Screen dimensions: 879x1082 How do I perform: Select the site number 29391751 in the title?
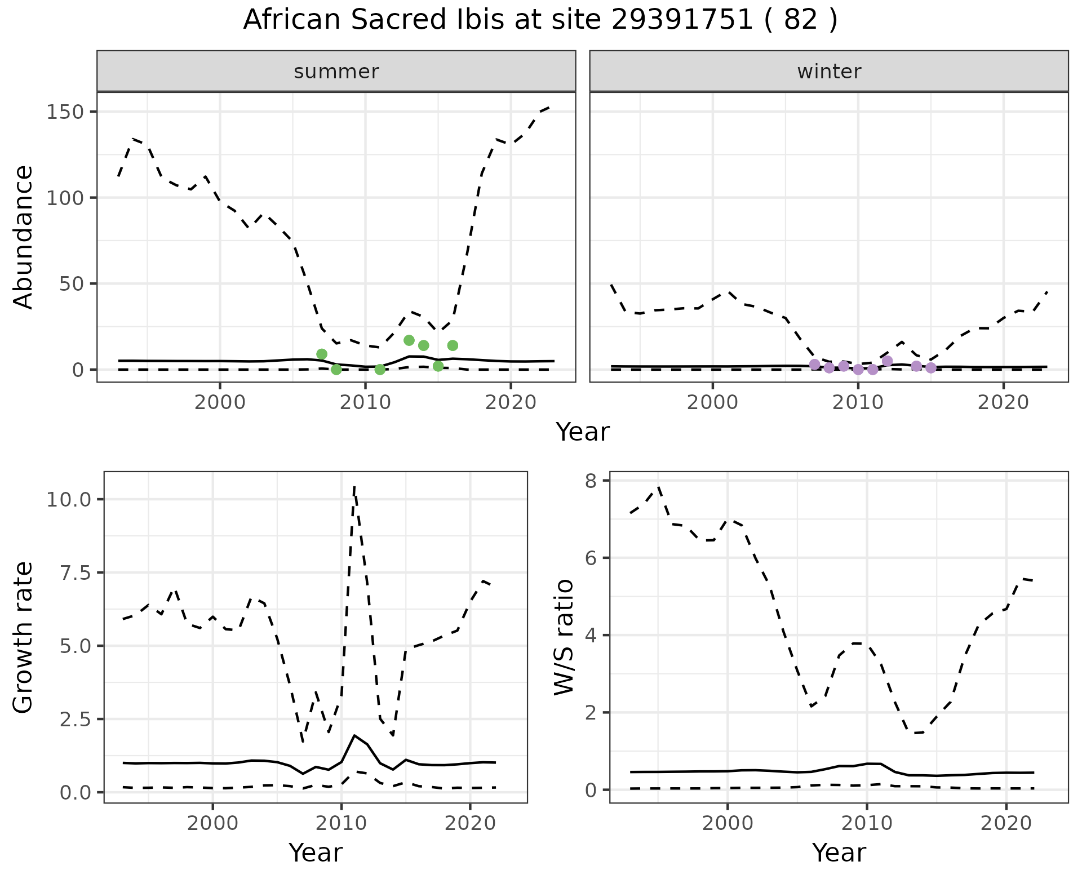[682, 20]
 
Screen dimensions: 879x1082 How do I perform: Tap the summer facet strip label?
[336, 72]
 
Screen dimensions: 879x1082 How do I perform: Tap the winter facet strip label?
[829, 72]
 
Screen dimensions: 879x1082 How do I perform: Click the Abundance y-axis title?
[24, 237]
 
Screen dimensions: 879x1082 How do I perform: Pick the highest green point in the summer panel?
[409, 340]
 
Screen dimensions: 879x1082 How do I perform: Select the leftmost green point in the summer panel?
[322, 354]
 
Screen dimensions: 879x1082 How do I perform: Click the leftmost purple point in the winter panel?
[814, 365]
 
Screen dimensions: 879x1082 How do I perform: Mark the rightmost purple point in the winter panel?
[931, 368]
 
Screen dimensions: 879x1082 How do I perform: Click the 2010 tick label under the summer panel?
[365, 403]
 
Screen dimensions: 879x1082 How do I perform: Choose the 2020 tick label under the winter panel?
[1003, 403]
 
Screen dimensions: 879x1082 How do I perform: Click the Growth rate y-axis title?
[24, 638]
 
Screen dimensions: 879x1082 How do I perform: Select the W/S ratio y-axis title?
[564, 637]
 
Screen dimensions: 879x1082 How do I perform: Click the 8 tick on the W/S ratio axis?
[591, 480]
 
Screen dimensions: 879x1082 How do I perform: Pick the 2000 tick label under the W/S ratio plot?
[727, 824]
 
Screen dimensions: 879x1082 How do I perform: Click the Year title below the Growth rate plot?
[316, 853]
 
